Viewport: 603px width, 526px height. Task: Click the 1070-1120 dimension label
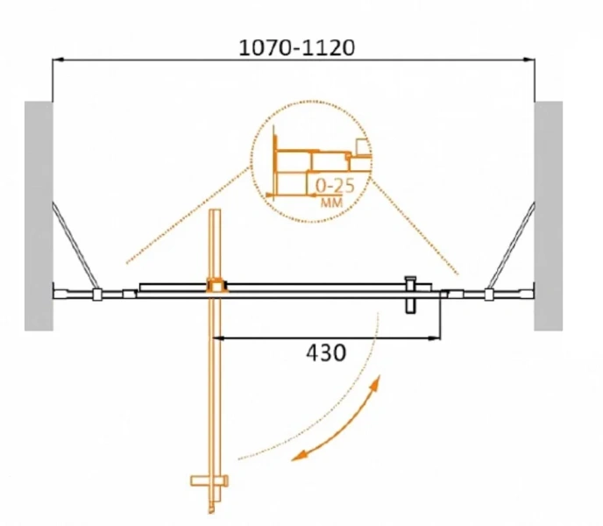297,48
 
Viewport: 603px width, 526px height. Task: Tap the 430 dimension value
326,352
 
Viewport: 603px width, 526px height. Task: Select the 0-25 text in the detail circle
335,186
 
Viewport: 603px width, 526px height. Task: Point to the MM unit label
331,203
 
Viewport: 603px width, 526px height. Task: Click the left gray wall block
39,216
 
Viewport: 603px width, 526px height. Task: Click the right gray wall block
549,216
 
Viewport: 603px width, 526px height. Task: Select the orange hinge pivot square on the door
217,286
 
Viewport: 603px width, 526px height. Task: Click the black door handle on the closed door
411,295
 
